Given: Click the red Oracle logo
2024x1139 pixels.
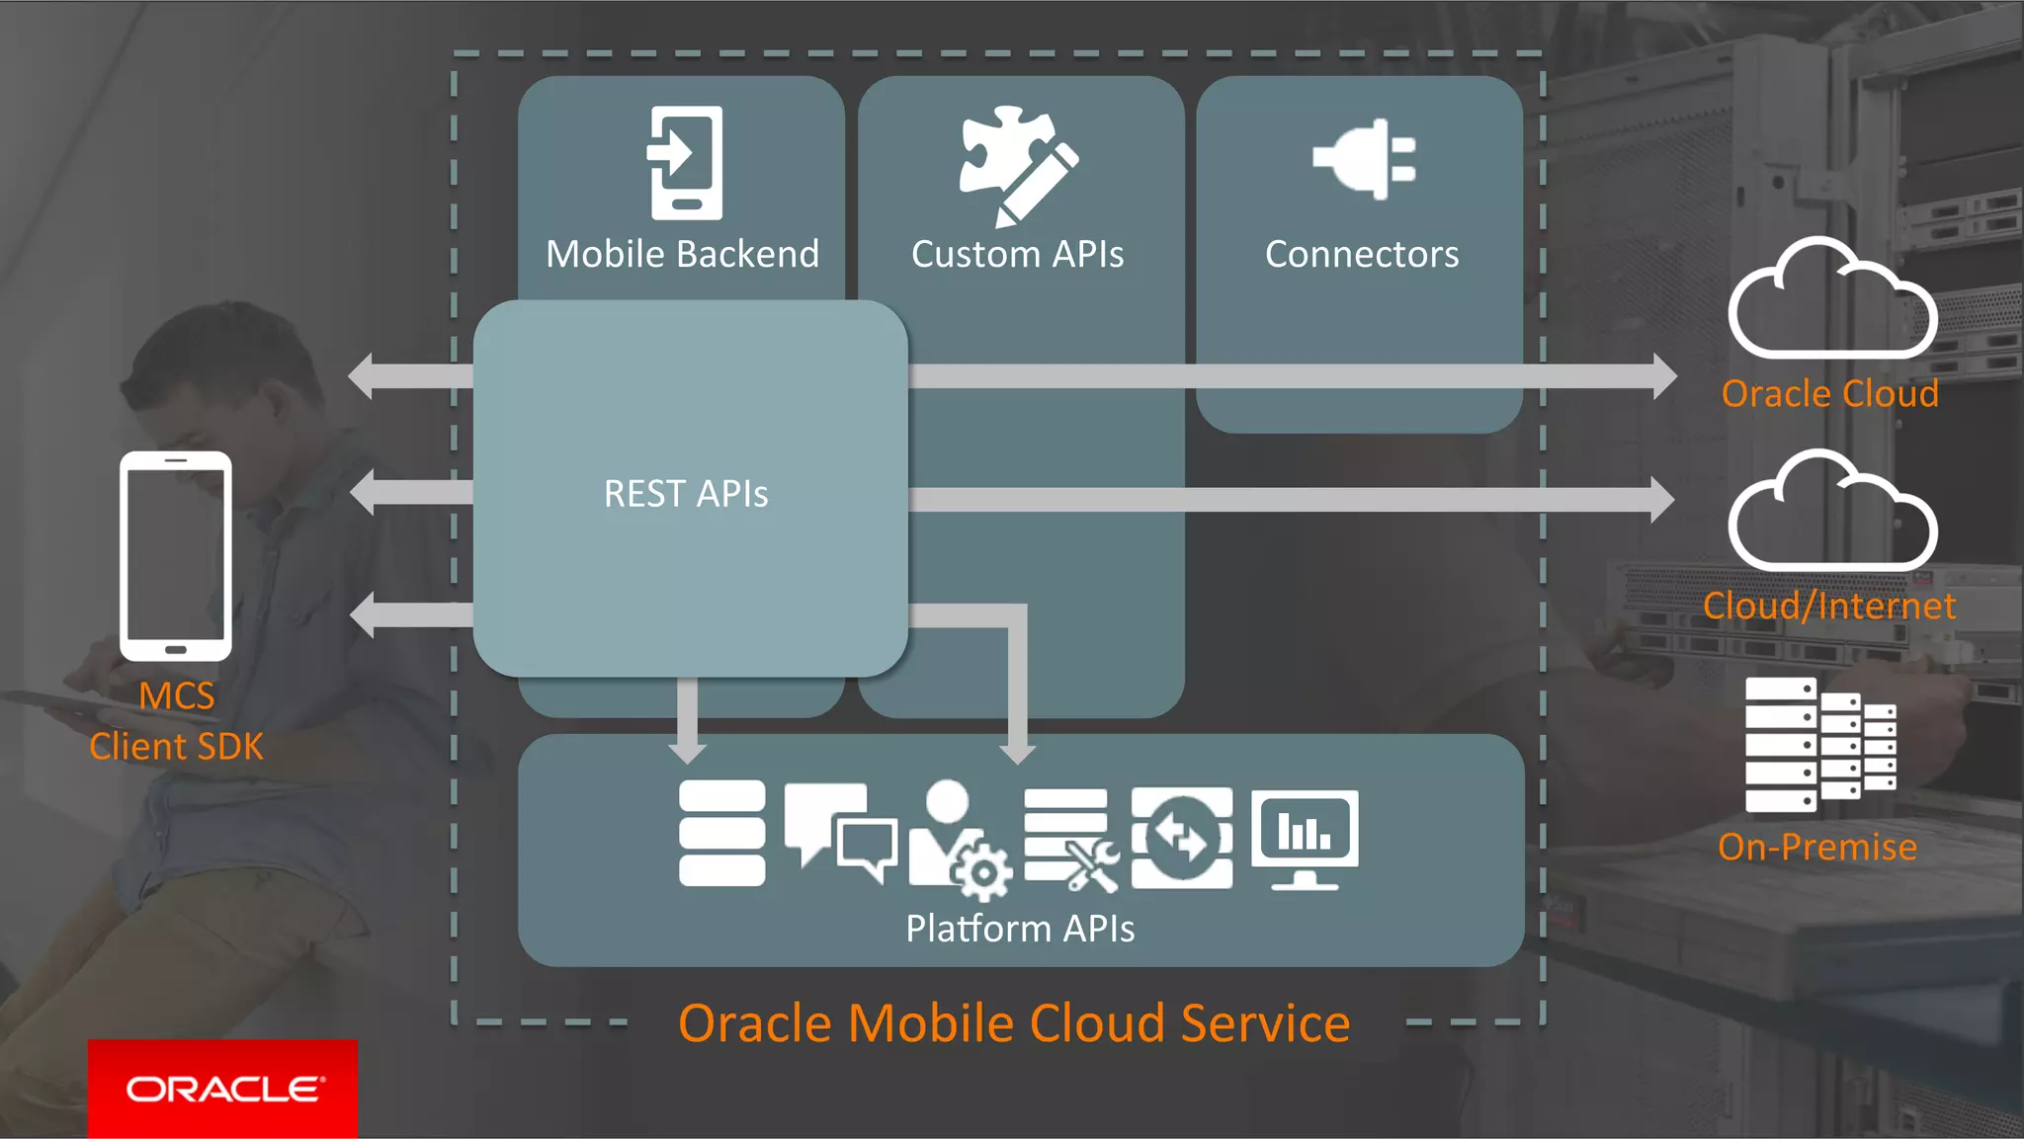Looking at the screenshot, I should [223, 1088].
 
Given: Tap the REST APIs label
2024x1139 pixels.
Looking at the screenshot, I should [686, 494].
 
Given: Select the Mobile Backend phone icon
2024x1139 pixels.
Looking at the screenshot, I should [685, 162].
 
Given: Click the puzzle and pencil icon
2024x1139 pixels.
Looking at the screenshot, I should [1018, 164].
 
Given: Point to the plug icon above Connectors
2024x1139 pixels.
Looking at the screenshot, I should [1364, 159].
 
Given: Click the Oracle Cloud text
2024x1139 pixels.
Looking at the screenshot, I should [1829, 394].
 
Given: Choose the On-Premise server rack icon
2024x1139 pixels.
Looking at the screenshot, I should [1819, 746].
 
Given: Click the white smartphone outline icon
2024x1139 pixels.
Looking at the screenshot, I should [176, 556].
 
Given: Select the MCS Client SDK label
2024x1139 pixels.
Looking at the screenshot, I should [176, 721].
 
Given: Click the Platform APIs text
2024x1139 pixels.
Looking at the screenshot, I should [1020, 929].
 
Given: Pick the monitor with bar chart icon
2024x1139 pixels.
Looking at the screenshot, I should [1305, 839].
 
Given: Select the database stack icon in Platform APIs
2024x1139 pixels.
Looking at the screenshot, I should [721, 833].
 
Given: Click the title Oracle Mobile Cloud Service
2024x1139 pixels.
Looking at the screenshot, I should [1014, 1022].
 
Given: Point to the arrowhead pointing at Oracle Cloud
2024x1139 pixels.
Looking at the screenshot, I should [1664, 376].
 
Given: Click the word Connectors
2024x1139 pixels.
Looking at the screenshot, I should [1362, 255].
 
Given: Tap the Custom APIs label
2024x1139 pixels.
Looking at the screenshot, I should [1018, 255].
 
